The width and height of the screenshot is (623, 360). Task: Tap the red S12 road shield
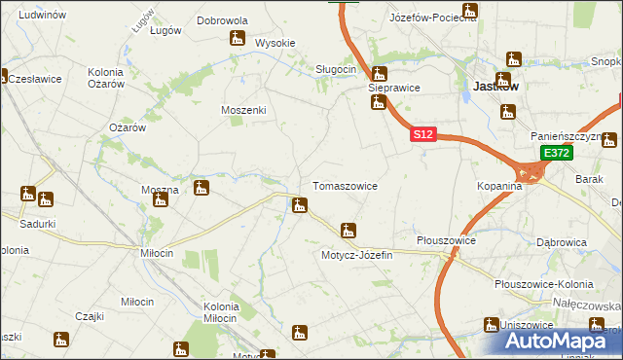click(x=421, y=135)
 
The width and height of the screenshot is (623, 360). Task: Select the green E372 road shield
click(x=556, y=154)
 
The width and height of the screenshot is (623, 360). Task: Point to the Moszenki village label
click(x=243, y=110)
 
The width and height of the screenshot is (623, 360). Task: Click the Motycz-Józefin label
click(x=355, y=255)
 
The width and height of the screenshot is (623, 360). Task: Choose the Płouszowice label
click(x=445, y=239)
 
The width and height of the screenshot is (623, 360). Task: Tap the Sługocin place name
click(x=336, y=69)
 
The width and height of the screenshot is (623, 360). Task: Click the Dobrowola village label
click(x=222, y=19)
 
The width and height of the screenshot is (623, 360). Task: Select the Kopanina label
click(x=500, y=185)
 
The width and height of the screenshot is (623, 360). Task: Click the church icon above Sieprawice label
click(x=379, y=73)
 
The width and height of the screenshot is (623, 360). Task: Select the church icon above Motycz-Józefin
click(x=348, y=232)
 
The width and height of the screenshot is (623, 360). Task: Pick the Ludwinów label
click(x=42, y=16)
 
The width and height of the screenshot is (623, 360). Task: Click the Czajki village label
click(x=89, y=315)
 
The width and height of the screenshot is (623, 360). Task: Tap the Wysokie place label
click(x=275, y=43)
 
